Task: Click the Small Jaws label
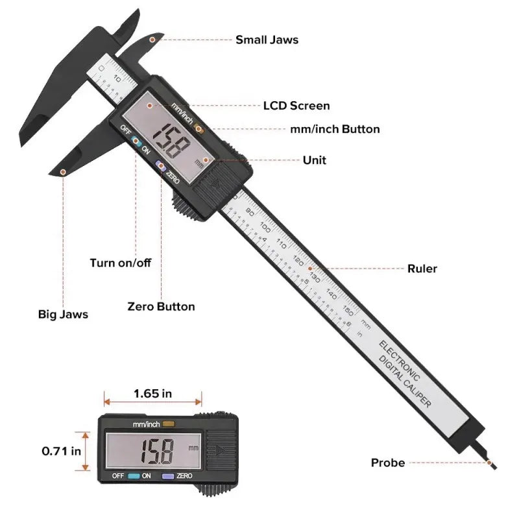pyautogui.click(x=267, y=40)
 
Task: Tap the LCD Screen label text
pyautogui.click(x=296, y=106)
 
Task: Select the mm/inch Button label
pyautogui.click(x=335, y=129)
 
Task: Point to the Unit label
pyautogui.click(x=315, y=160)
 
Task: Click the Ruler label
pyautogui.click(x=422, y=269)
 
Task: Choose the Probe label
pyautogui.click(x=388, y=463)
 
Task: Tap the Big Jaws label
pyautogui.click(x=63, y=315)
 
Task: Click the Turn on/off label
pyautogui.click(x=121, y=263)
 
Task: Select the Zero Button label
pyautogui.click(x=161, y=306)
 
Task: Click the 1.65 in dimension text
pyautogui.click(x=153, y=393)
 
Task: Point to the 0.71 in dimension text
pyautogui.click(x=62, y=450)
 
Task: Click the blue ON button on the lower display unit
pyautogui.click(x=134, y=476)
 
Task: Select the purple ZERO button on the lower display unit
pyautogui.click(x=167, y=476)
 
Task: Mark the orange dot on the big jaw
pyautogui.click(x=63, y=172)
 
